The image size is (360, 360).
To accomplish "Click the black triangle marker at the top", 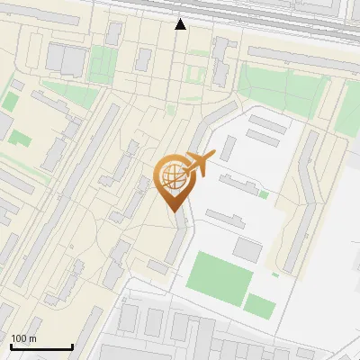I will click(181, 24).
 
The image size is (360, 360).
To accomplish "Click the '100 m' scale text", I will click(23, 338).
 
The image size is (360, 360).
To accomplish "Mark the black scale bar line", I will click(41, 346).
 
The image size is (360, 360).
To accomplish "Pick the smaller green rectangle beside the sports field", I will click(260, 306).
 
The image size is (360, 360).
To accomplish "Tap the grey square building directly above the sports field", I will click(247, 249).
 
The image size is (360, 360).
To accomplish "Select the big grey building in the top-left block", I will click(67, 59).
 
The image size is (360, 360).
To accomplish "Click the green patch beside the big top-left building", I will click(103, 63).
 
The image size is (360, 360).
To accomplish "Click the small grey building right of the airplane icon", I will click(229, 148).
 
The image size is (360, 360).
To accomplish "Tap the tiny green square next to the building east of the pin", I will click(263, 193).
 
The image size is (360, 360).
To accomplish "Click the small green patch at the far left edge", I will click(12, 100).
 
